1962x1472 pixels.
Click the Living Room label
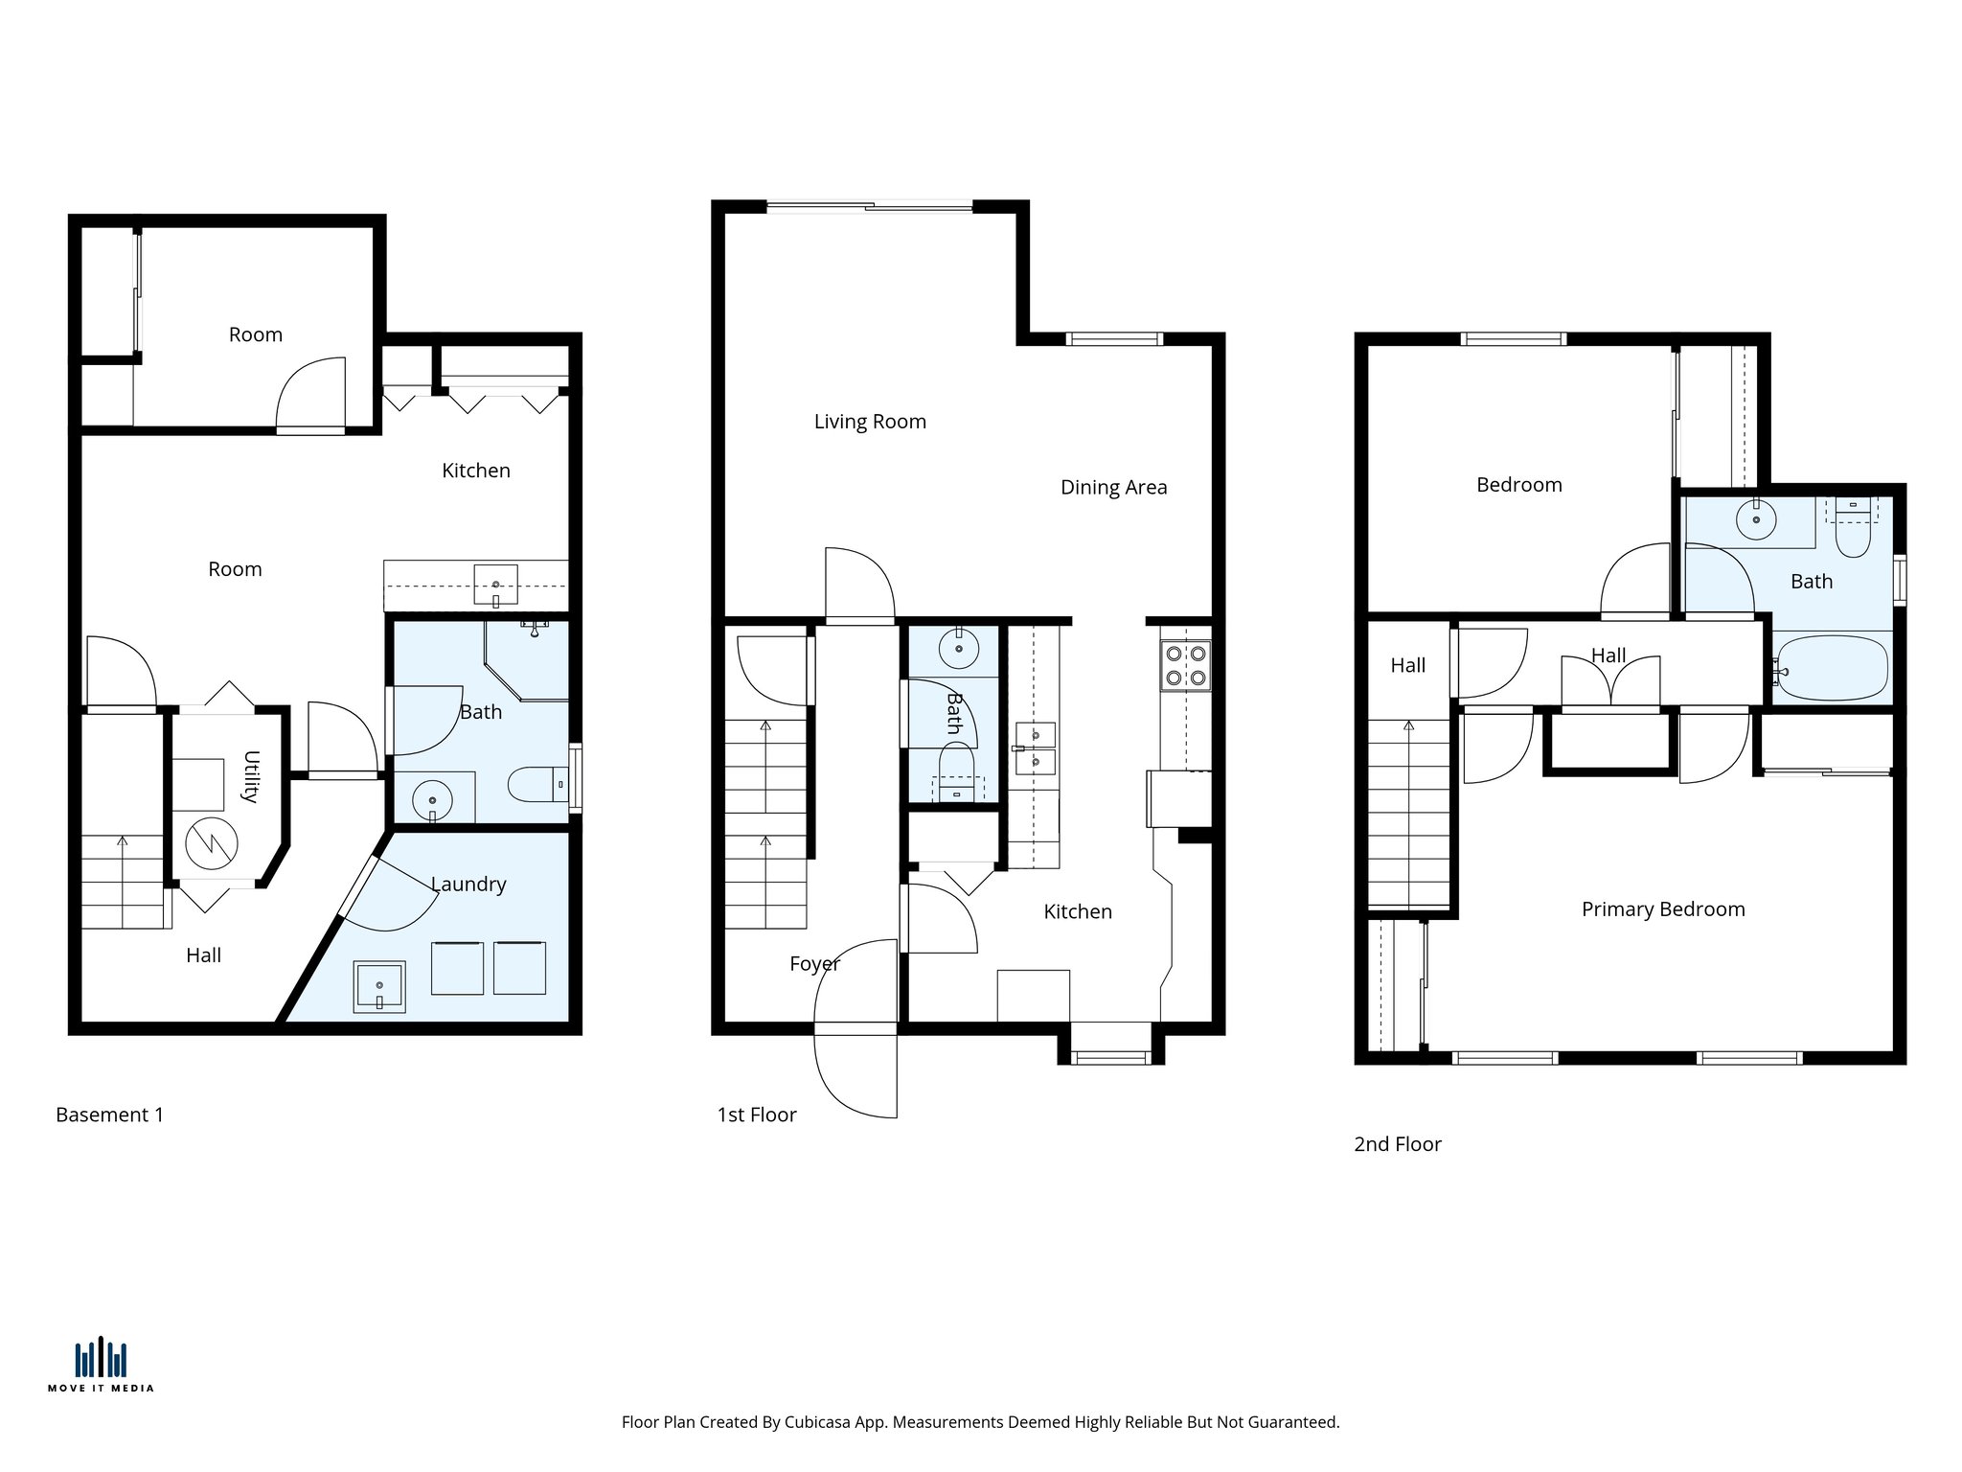tap(870, 422)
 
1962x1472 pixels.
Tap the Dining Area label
tap(1113, 487)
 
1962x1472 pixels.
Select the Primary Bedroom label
tap(1662, 908)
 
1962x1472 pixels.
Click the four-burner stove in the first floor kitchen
tap(1185, 666)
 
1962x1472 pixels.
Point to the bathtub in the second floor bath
tap(1832, 668)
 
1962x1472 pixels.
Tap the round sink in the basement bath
tap(432, 800)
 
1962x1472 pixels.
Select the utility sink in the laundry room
tap(379, 986)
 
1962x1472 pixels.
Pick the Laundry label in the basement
tap(468, 884)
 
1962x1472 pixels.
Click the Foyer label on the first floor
tap(814, 963)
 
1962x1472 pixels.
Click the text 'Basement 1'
tap(109, 1115)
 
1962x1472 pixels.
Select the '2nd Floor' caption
tap(1397, 1144)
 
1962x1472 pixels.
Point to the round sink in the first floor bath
tap(958, 649)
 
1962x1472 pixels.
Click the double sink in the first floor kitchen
tap(1035, 748)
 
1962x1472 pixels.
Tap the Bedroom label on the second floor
tap(1518, 485)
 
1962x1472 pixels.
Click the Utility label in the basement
tap(251, 776)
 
